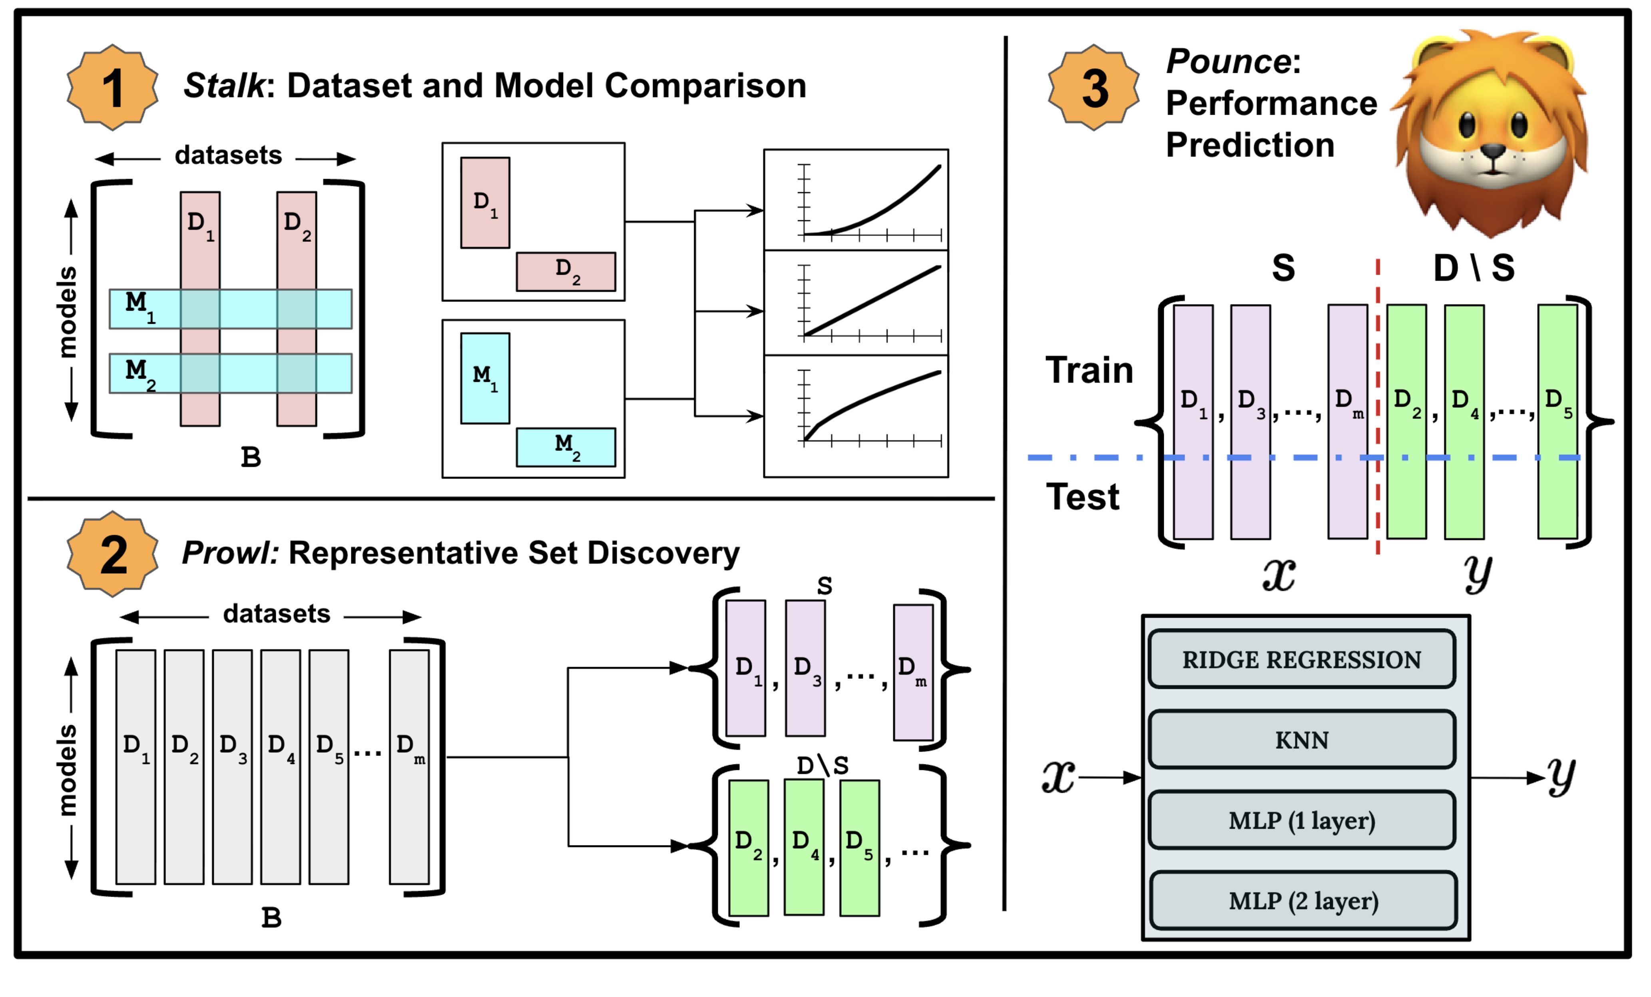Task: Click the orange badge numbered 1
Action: tap(113, 87)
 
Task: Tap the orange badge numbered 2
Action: tap(113, 554)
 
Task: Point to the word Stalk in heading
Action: tap(224, 86)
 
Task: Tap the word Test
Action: tap(1082, 497)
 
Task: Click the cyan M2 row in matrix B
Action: tap(231, 373)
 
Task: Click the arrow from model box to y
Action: tap(1508, 778)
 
